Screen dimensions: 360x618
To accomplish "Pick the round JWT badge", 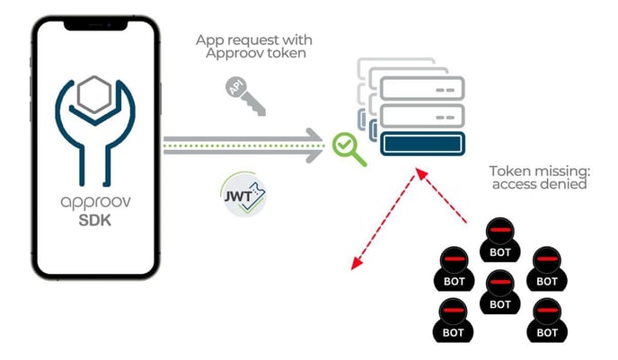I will click(x=245, y=194).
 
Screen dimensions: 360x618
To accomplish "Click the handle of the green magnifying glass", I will click(x=359, y=160).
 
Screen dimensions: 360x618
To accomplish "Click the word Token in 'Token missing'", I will click(x=508, y=170).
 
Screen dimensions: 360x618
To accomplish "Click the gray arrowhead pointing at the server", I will click(x=316, y=139).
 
